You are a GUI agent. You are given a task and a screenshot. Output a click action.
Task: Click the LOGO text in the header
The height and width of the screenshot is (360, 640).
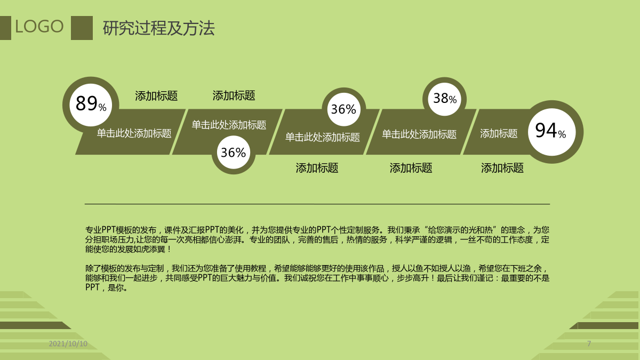click(x=39, y=27)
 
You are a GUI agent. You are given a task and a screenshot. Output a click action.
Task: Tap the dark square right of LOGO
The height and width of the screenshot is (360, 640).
click(x=82, y=28)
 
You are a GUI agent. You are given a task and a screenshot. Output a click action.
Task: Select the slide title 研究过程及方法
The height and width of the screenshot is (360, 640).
click(x=158, y=28)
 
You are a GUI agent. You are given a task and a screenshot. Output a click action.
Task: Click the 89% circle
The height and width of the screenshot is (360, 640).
click(x=91, y=105)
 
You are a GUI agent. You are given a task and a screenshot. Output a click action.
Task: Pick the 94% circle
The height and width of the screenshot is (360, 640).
click(x=551, y=132)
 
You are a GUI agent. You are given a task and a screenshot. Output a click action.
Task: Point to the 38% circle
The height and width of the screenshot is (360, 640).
click(x=444, y=99)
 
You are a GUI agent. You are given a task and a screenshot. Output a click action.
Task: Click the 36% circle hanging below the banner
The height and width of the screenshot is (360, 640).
click(x=234, y=153)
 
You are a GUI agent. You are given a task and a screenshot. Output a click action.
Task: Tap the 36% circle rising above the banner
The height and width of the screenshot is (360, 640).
click(x=343, y=109)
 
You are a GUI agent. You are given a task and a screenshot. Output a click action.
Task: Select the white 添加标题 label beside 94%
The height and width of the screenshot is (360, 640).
click(x=499, y=133)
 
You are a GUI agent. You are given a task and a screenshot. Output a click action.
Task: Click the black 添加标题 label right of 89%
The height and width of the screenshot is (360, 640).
click(x=156, y=95)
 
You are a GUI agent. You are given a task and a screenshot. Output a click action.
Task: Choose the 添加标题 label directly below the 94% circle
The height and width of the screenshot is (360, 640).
click(x=502, y=168)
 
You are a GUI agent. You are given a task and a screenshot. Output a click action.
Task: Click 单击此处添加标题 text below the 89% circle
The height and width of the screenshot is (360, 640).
click(x=134, y=133)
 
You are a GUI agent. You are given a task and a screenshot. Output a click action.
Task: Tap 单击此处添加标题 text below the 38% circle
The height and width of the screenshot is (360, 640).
click(x=419, y=134)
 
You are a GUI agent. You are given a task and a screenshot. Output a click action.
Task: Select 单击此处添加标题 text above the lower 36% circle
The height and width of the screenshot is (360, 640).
click(x=229, y=125)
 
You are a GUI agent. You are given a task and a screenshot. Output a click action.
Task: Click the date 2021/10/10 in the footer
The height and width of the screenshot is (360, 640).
click(x=68, y=343)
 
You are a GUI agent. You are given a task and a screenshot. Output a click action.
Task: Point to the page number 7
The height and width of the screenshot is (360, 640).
click(x=589, y=343)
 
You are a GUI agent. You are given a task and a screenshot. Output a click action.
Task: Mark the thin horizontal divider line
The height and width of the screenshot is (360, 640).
click(x=317, y=204)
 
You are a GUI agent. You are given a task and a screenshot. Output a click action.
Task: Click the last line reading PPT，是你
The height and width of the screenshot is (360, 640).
click(x=106, y=287)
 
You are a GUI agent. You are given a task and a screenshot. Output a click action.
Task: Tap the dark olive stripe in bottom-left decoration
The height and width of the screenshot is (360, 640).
click(x=34, y=325)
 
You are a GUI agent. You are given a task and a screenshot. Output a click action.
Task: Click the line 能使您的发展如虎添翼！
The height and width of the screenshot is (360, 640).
click(x=129, y=249)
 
